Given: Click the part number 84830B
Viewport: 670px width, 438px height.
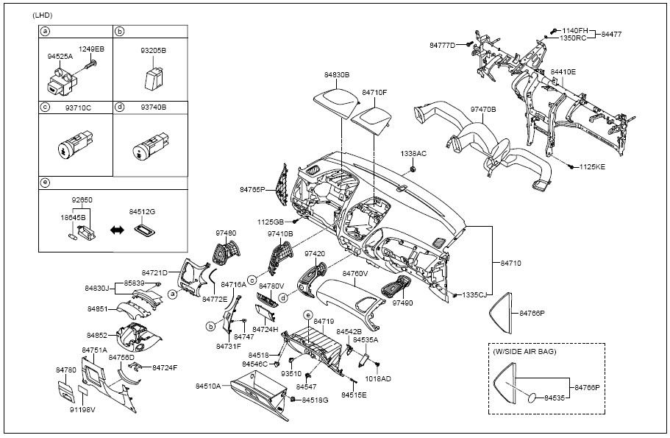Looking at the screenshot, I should [x=336, y=75].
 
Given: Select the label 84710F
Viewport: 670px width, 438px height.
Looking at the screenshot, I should [x=374, y=93].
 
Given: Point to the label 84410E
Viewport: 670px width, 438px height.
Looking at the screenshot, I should [x=564, y=72].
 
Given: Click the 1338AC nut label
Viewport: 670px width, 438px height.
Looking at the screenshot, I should [x=413, y=154].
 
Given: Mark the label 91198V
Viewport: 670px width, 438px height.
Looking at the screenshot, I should [x=83, y=409].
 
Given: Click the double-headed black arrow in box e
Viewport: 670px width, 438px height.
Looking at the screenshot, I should [x=115, y=230].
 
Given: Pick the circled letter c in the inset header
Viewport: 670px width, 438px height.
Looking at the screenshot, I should [x=45, y=107].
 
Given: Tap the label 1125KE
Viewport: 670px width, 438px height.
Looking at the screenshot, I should [x=591, y=168].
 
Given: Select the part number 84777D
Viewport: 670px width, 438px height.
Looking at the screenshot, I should [x=443, y=46].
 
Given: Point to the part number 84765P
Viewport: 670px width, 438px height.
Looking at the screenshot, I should [x=252, y=190].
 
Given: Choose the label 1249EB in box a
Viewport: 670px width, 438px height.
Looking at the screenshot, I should [x=92, y=49].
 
